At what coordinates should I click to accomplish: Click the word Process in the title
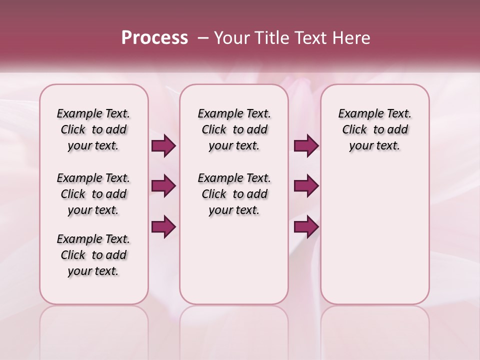point(154,38)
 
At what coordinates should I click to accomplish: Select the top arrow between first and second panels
point(163,146)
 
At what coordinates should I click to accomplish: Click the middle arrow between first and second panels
point(163,186)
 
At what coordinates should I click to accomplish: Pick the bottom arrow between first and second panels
point(163,226)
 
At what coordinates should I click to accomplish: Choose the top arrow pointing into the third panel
point(306,146)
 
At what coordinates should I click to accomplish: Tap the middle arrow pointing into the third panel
point(306,186)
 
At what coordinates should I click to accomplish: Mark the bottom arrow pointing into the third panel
point(306,226)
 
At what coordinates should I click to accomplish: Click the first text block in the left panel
point(93,129)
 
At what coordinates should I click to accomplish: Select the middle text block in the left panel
point(93,194)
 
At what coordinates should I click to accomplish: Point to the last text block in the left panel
point(93,255)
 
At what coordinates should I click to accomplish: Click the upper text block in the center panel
point(234,129)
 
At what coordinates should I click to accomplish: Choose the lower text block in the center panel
point(234,194)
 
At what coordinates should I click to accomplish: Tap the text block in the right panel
point(374,129)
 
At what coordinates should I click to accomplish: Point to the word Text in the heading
point(305,38)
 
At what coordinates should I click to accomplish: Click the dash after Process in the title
point(202,38)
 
